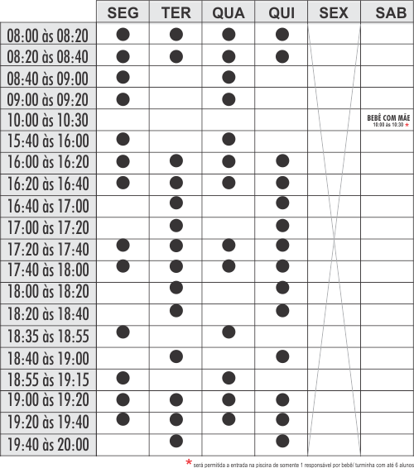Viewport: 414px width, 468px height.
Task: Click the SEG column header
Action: coord(123,12)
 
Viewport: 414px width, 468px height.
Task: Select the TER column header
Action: coord(176,12)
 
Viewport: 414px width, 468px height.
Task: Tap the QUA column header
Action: coord(229,12)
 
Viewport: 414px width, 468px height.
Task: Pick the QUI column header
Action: coord(282,12)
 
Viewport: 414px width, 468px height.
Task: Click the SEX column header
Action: coord(334,12)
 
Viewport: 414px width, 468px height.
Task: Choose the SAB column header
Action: coord(387,12)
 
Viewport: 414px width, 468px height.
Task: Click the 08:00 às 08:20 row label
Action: coord(48,36)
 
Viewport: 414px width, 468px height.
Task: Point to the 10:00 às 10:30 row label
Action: coord(48,121)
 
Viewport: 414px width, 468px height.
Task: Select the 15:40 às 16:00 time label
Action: coord(48,141)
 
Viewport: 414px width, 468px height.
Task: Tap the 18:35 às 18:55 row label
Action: coord(48,337)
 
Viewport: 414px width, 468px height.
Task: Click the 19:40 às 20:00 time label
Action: coord(48,445)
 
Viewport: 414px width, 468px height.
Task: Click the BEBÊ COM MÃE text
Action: coord(387,117)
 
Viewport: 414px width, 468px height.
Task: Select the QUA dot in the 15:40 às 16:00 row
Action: coord(229,138)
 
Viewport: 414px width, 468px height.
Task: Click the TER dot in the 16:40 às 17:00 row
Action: coord(176,203)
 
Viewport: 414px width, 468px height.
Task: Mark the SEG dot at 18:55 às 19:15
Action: coord(123,377)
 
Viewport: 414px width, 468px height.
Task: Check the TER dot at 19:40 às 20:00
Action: coord(176,441)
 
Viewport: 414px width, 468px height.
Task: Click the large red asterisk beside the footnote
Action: coord(189,460)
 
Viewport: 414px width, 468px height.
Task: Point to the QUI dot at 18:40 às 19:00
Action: coord(282,356)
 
